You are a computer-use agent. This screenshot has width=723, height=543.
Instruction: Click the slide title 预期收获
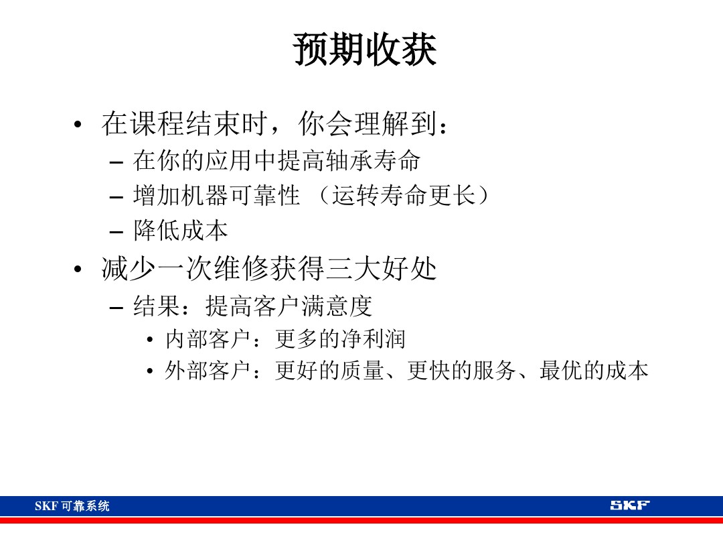coord(365,51)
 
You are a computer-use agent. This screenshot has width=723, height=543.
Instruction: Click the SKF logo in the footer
coord(629,505)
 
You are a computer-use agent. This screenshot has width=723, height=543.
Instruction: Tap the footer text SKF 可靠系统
coord(72,506)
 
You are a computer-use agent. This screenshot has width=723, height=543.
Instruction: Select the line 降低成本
coord(181,231)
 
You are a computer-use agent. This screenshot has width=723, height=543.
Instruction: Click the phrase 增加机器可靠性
coord(216,196)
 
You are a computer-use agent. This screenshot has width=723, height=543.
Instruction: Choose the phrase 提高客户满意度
coord(289,306)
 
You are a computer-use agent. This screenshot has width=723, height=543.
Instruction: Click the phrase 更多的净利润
coord(340,339)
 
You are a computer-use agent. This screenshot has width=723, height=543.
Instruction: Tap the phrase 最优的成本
coord(594,371)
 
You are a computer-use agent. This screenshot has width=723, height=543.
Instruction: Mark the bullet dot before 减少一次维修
coord(78,271)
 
